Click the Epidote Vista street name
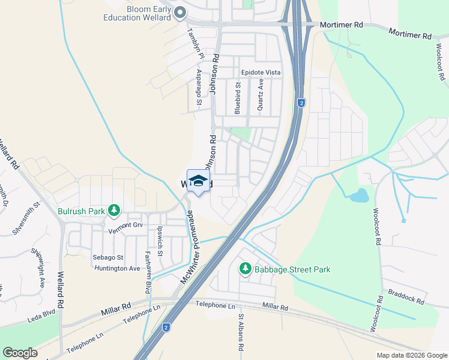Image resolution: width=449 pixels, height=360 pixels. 261,72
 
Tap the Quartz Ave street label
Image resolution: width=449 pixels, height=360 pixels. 261,95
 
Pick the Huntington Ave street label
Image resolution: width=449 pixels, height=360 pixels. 116,268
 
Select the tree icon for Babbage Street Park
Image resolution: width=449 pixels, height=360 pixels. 245,269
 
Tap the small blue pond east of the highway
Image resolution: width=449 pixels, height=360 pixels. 358,195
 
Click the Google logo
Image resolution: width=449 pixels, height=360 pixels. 20,353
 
